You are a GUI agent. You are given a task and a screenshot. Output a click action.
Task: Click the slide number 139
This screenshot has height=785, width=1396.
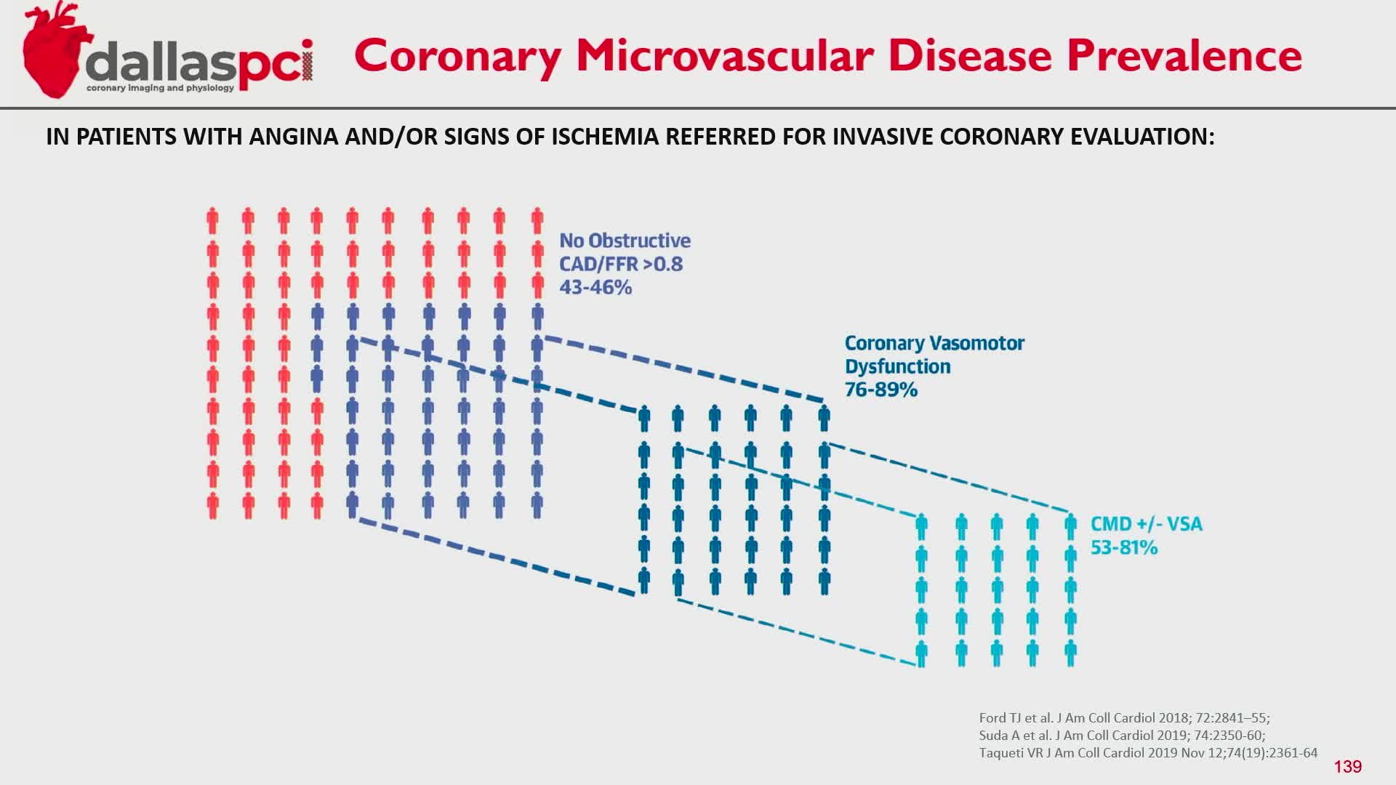coord(1348,767)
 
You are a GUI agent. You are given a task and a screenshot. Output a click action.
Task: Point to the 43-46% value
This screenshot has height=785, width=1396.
coord(595,287)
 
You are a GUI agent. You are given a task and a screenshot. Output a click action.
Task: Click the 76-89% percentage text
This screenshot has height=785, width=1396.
coord(881,390)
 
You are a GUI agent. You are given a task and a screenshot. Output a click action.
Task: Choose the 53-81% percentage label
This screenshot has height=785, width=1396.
coord(1124,547)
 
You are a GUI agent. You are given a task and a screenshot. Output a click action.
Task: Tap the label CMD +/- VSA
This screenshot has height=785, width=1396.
coord(1147,524)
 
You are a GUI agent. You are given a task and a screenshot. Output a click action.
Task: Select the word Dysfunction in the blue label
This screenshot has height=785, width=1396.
coord(898,366)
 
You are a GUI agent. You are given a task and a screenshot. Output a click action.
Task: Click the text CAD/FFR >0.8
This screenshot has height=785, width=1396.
coord(621,264)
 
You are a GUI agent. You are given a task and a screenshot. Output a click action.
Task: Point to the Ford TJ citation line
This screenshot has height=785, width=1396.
coord(1124,718)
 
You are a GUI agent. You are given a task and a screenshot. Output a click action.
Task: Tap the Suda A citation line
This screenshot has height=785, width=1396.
coord(1122,736)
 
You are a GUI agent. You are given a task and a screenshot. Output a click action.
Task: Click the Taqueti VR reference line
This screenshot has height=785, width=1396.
coord(1148,753)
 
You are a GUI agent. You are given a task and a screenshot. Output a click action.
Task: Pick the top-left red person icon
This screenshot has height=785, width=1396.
coord(212,221)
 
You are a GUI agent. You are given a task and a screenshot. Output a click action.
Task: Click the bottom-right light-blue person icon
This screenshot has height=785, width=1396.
coord(1070,653)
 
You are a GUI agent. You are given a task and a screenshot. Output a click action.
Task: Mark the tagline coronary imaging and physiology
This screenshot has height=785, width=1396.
coord(161,88)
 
